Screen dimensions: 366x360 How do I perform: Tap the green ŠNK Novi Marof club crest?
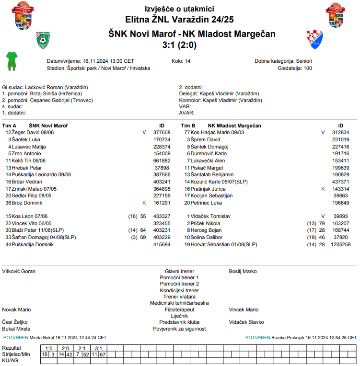click(x=45, y=41)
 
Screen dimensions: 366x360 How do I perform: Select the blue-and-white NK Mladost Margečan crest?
click(x=314, y=38)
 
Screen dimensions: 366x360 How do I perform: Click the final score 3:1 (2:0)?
click(x=180, y=46)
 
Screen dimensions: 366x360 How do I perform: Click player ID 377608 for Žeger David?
click(x=162, y=132)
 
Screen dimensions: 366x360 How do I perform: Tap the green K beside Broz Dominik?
click(x=144, y=203)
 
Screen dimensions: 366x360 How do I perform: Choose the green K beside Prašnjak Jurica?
click(x=323, y=189)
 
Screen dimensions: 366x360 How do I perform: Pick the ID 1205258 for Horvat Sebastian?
click(x=341, y=244)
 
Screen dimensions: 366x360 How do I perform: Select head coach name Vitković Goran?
click(x=19, y=271)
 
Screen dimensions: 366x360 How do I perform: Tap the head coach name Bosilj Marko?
click(x=243, y=271)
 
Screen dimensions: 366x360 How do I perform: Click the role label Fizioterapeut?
click(x=179, y=309)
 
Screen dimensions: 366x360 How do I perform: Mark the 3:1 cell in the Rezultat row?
click(x=99, y=348)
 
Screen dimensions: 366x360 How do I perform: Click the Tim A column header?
click(x=9, y=126)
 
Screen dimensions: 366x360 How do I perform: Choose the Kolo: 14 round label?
click(x=181, y=61)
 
